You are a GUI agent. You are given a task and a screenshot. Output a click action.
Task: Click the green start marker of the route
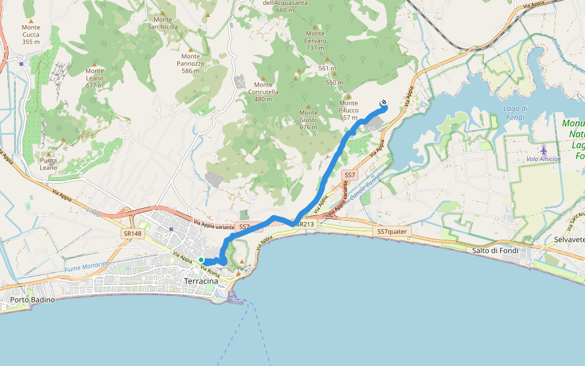click(x=200, y=260)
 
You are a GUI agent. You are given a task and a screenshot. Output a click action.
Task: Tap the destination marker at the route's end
click(x=384, y=102)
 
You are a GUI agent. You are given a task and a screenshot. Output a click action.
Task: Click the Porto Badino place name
click(x=32, y=300)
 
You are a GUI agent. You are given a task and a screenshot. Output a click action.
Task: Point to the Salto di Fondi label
click(x=494, y=251)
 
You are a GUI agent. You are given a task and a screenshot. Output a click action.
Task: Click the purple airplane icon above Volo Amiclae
click(x=544, y=149)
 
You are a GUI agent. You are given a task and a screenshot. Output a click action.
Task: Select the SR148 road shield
click(x=132, y=234)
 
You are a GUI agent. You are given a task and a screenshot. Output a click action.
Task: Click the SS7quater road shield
click(x=392, y=232)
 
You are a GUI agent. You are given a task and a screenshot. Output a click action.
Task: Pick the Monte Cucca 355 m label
click(x=30, y=34)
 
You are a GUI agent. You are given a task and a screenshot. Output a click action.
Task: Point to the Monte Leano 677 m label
click(x=94, y=77)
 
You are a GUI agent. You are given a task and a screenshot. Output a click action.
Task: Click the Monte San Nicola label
click(x=163, y=23)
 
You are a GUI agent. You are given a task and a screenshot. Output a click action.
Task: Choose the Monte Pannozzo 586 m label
click(x=191, y=63)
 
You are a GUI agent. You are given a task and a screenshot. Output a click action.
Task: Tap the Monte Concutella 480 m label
click(x=263, y=92)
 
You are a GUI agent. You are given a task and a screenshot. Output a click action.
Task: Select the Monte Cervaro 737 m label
click(x=316, y=41)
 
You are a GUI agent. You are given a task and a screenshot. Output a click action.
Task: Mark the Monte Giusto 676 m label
click(x=308, y=120)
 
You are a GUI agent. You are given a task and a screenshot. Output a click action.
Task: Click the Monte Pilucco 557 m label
click(x=349, y=110)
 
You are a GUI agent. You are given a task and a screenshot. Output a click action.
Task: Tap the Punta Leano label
click(x=49, y=163)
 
